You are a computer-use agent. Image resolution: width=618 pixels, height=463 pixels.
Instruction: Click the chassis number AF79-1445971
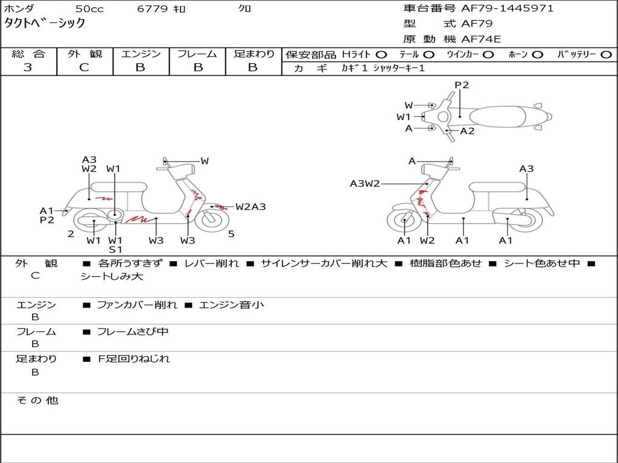click(x=507, y=8)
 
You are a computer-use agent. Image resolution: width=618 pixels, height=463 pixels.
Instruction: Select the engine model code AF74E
click(x=481, y=39)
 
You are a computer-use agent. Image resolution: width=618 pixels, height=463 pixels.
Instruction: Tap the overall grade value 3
click(x=28, y=68)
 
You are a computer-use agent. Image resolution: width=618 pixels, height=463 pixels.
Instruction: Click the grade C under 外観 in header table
click(x=84, y=68)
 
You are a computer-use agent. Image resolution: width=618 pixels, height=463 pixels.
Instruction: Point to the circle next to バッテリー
click(x=606, y=55)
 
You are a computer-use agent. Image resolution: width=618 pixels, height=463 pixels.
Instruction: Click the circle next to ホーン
click(x=537, y=55)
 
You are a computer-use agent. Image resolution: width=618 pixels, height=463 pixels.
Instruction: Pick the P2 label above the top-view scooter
click(x=462, y=85)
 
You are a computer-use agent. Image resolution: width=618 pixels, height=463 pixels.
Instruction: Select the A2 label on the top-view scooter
click(x=467, y=131)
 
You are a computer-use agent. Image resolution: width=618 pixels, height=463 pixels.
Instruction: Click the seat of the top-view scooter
click(x=497, y=117)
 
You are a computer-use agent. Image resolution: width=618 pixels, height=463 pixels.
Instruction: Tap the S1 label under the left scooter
click(x=115, y=250)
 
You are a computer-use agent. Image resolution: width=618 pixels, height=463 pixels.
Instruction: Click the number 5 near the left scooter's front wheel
click(x=231, y=234)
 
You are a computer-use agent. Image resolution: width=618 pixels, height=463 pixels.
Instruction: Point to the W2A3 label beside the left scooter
click(x=250, y=207)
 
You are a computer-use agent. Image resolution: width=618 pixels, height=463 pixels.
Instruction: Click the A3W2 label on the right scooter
click(x=365, y=183)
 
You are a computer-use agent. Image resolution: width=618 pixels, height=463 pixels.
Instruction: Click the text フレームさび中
click(x=133, y=332)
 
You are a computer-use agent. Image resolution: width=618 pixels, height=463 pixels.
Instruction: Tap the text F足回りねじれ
click(x=133, y=359)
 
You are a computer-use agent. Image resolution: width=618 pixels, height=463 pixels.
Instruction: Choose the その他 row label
click(x=37, y=400)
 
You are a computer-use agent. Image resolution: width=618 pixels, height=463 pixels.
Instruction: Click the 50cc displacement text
click(x=89, y=8)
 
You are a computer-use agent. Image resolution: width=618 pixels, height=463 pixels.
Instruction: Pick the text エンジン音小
click(x=231, y=304)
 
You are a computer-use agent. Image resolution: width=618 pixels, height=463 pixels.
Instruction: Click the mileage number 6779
click(x=152, y=8)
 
